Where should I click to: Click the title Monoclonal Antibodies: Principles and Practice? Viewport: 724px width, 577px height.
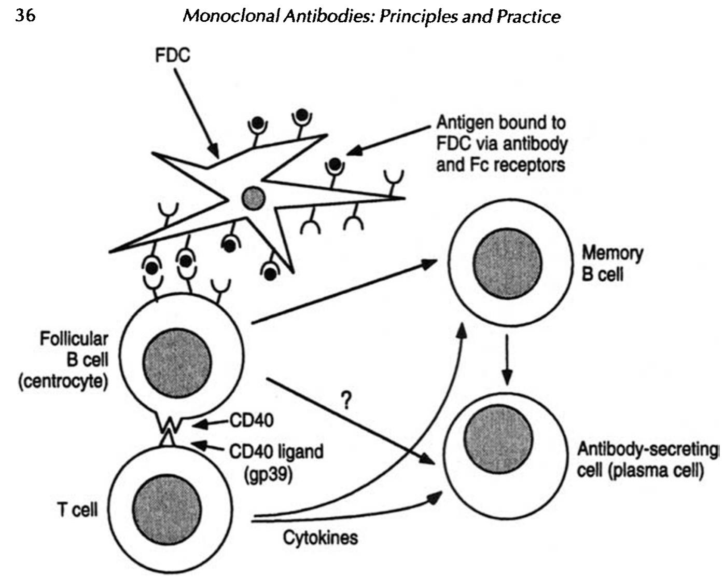371,16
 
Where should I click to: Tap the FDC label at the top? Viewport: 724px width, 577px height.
172,55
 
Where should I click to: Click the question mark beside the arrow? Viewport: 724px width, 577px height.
346,400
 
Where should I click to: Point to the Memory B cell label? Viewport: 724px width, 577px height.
611,263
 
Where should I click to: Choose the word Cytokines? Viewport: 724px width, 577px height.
320,537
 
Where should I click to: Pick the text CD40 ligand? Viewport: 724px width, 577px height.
276,451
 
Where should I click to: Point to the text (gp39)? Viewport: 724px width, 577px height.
268,474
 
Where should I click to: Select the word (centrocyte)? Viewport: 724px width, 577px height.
63,381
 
